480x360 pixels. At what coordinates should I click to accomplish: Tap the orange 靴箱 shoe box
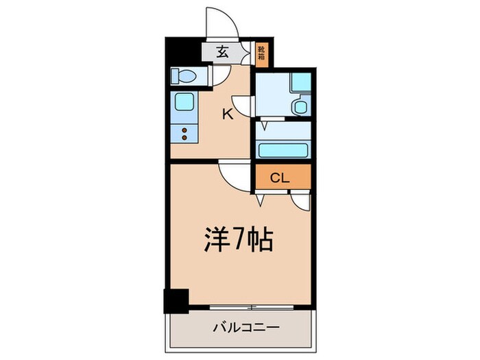click(x=261, y=54)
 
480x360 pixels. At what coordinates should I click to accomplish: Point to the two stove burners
click(x=183, y=132)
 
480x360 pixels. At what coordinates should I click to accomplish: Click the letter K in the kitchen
click(x=227, y=115)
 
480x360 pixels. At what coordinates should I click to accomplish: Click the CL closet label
click(x=280, y=179)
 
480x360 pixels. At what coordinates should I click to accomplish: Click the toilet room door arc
click(x=221, y=77)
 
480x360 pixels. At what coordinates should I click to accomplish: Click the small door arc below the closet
click(x=300, y=201)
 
